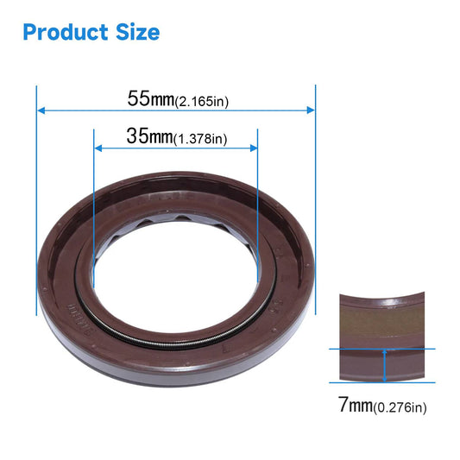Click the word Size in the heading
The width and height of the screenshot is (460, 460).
(135, 33)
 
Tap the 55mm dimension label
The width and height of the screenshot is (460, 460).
(151, 98)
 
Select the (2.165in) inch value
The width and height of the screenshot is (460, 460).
(201, 101)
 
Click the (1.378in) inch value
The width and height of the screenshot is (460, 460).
(200, 139)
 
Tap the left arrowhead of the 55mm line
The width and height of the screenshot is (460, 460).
(41, 110)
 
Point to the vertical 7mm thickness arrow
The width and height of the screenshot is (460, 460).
(382, 364)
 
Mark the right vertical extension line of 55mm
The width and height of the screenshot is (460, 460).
(316, 198)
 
